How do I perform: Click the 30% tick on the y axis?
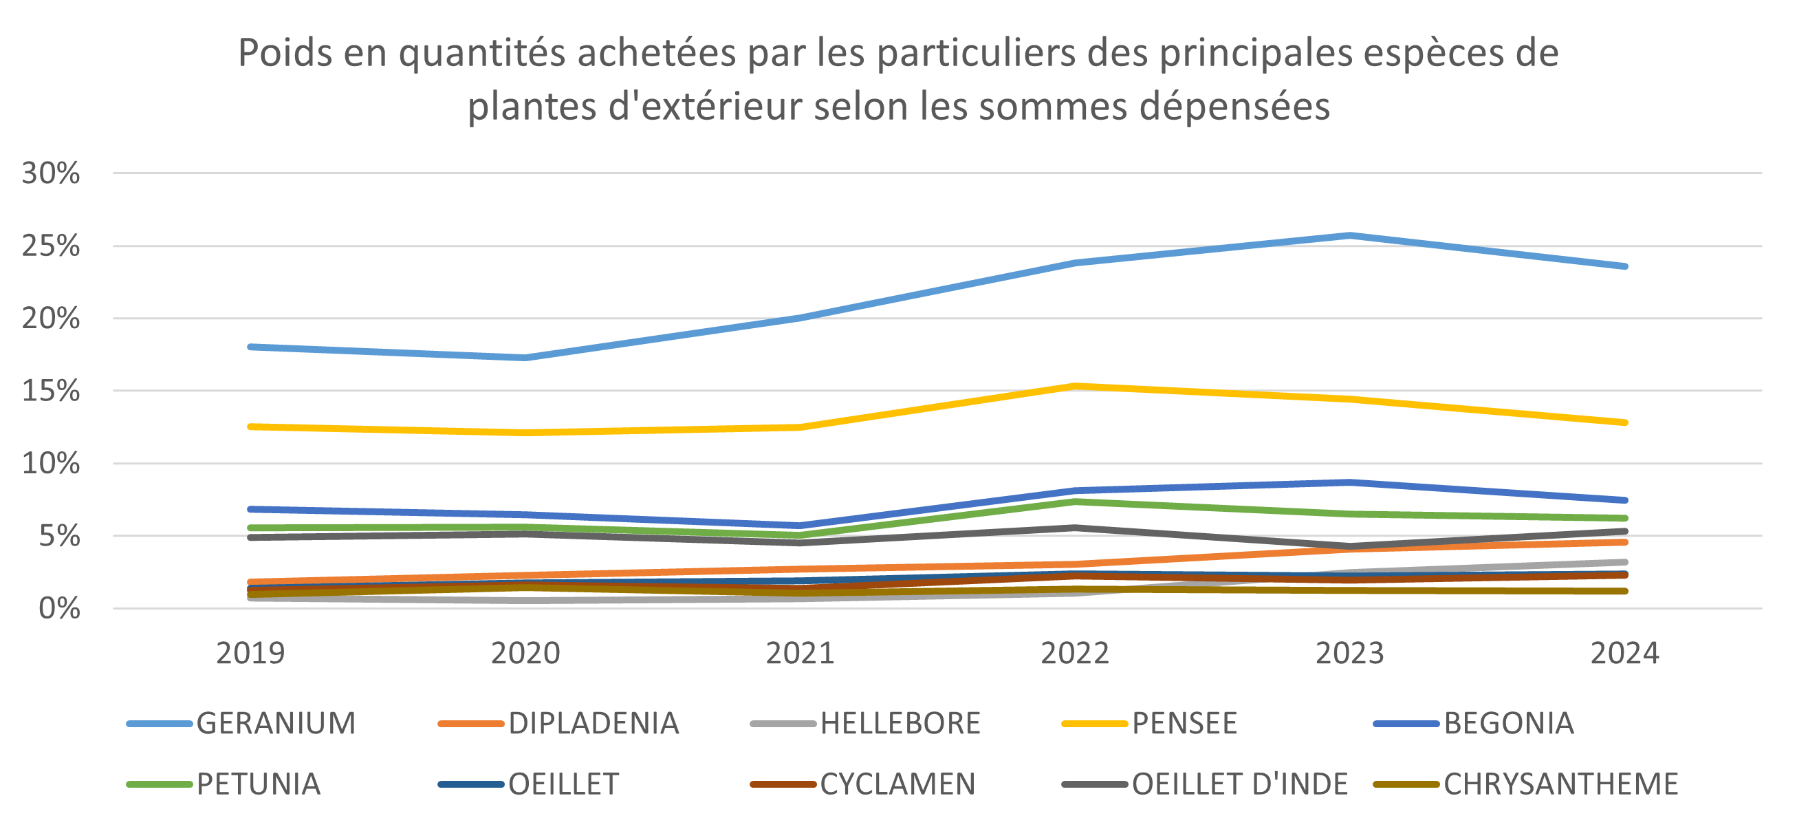(51, 173)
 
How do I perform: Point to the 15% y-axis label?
(51, 391)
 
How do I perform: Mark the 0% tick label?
(59, 608)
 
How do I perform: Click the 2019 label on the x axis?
(250, 653)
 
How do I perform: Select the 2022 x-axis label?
(1075, 653)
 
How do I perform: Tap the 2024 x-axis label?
(1624, 653)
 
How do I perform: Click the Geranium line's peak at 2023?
(1351, 235)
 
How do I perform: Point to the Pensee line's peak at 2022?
(1076, 386)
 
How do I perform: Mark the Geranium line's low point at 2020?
(525, 358)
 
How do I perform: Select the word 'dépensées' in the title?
(1234, 107)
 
